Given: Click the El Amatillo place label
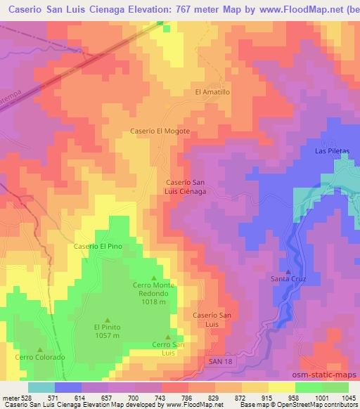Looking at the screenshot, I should (212, 92).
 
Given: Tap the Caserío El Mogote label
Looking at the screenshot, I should (160, 131).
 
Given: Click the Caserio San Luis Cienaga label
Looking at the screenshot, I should (185, 186).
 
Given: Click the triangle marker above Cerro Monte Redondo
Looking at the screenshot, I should (154, 278).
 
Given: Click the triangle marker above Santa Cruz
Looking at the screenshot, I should (288, 271).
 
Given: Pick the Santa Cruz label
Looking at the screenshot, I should (288, 280).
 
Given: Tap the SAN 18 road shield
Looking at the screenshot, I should (221, 361).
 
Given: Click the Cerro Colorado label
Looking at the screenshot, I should (42, 357).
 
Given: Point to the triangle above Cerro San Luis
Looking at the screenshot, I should (168, 336).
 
